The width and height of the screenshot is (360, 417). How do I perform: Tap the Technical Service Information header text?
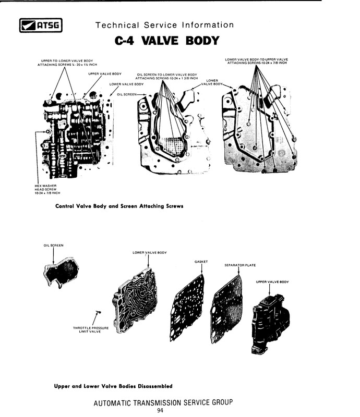[x=164, y=25]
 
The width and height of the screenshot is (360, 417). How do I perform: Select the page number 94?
[x=160, y=410]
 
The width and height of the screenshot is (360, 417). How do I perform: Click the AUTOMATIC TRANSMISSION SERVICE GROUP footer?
[x=163, y=402]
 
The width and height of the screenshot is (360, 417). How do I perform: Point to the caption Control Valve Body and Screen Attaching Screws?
[x=119, y=206]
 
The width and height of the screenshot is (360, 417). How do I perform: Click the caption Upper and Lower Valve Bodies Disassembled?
[x=113, y=386]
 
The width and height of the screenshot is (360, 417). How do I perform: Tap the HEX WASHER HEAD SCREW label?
[x=45, y=189]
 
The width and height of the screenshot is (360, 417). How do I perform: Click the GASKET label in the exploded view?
[x=201, y=261]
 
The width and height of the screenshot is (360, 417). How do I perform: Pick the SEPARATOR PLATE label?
[x=240, y=265]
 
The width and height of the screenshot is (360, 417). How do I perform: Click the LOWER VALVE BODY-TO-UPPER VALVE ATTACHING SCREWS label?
[x=256, y=61]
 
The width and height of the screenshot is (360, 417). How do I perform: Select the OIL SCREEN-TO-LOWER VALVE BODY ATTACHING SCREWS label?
[x=167, y=76]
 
